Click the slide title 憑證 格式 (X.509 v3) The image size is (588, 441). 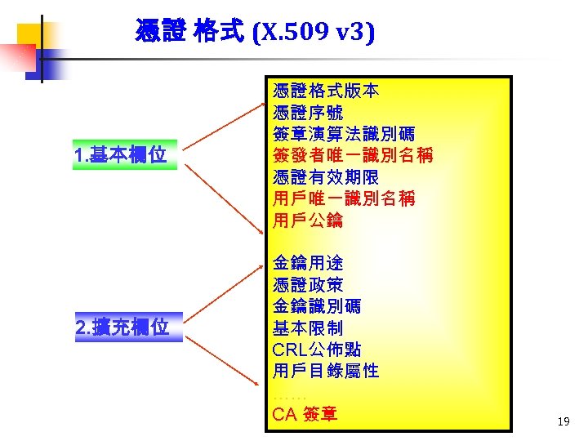click(255, 32)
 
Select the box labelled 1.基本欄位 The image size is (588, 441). click(124, 155)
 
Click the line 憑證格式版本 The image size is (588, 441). click(325, 91)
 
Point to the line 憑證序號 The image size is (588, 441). click(307, 113)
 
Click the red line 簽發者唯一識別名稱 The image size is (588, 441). click(353, 155)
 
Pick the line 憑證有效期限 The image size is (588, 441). click(325, 177)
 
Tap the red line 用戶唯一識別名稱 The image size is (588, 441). click(343, 198)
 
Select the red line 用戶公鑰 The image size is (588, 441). click(307, 220)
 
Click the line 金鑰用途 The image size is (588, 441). click(307, 263)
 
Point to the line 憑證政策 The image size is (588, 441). click(307, 285)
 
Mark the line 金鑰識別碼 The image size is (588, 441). click(316, 306)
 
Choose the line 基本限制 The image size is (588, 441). click(307, 328)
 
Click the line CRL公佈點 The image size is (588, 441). click(316, 350)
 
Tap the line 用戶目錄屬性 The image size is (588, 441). click(325, 371)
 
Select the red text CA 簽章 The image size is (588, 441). click(304, 414)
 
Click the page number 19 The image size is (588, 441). click(563, 422)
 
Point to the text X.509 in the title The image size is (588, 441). click(291, 32)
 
